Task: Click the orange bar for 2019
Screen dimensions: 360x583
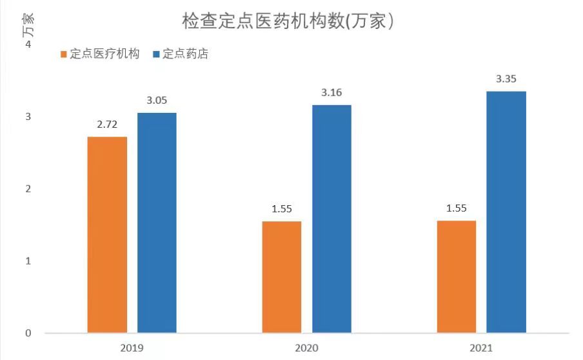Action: pos(107,235)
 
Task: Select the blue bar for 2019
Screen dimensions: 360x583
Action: pos(157,223)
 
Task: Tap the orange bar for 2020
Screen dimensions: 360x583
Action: pos(282,277)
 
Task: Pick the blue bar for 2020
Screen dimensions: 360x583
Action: pos(331,219)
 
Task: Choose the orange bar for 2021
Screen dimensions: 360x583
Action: pos(457,277)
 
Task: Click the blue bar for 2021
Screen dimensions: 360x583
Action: pos(506,212)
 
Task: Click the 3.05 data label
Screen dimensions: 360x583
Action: pos(157,101)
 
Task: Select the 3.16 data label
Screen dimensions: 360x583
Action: pos(331,93)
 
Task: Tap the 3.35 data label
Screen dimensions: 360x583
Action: pos(506,79)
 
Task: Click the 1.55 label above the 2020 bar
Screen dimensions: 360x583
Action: pos(282,209)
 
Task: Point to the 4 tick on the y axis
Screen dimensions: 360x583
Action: pos(27,45)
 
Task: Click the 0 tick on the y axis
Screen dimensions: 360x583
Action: pos(27,334)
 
